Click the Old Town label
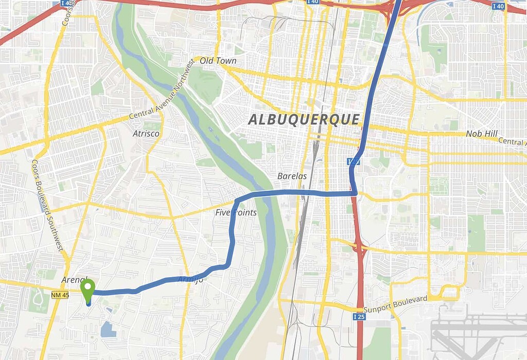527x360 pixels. pyautogui.click(x=218, y=61)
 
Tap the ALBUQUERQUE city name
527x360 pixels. pyautogui.click(x=304, y=119)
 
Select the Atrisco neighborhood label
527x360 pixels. pyautogui.click(x=146, y=134)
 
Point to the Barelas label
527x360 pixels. pyautogui.click(x=292, y=176)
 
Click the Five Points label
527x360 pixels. pyautogui.click(x=236, y=212)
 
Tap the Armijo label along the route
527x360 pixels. pyautogui.click(x=190, y=279)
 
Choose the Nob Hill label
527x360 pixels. pyautogui.click(x=482, y=134)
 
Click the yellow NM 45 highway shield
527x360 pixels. pyautogui.click(x=60, y=294)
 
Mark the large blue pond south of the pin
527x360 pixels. pyautogui.click(x=108, y=329)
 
